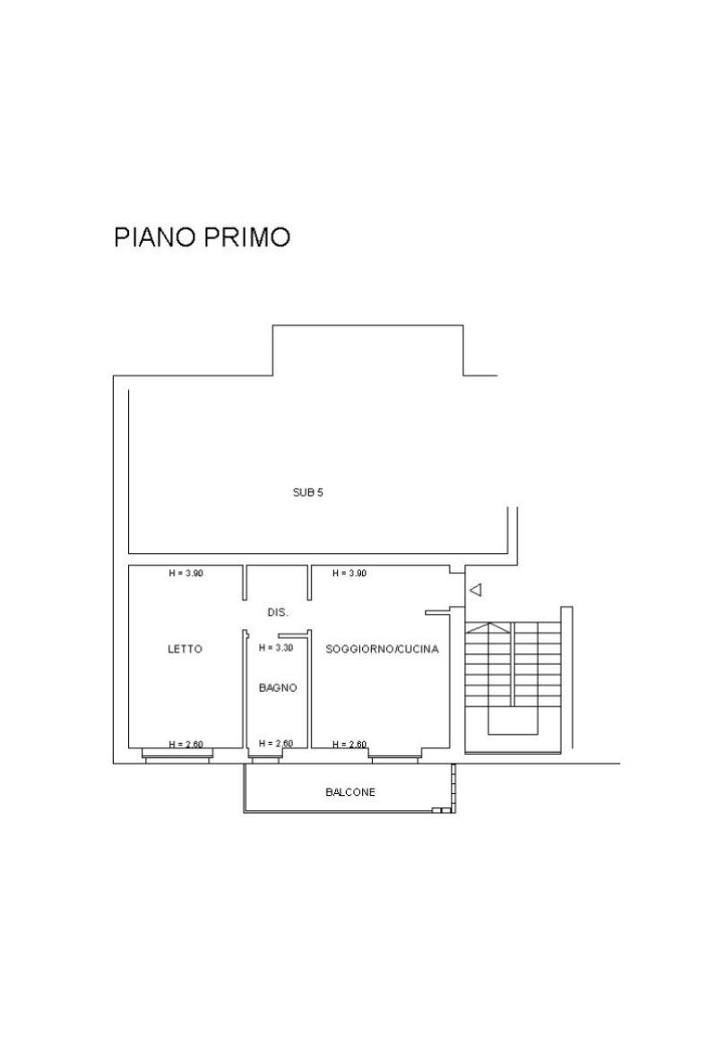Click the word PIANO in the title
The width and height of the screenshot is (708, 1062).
tap(155, 237)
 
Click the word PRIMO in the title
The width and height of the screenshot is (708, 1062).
tap(247, 237)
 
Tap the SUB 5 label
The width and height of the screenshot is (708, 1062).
tap(307, 492)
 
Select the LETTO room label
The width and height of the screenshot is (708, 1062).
tap(185, 649)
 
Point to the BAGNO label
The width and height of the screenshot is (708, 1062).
tap(278, 687)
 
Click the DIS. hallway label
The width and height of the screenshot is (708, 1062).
tap(278, 612)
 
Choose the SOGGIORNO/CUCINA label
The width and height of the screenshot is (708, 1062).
tap(382, 649)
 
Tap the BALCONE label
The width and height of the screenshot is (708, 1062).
tap(350, 791)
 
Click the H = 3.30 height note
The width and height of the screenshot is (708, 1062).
tap(276, 647)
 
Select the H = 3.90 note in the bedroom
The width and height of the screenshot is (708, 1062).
tap(186, 573)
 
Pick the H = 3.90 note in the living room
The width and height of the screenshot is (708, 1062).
tap(350, 573)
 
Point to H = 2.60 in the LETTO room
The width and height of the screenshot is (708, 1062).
tap(186, 745)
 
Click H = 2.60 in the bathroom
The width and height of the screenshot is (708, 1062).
tap(276, 743)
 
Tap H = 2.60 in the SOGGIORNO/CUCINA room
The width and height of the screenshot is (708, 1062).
tap(350, 745)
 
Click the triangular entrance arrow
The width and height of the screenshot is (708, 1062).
tap(476, 590)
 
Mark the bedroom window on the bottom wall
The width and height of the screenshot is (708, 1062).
tap(177, 755)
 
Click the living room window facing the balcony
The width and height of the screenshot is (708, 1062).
tap(395, 755)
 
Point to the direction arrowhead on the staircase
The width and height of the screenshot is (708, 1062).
tap(488, 627)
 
